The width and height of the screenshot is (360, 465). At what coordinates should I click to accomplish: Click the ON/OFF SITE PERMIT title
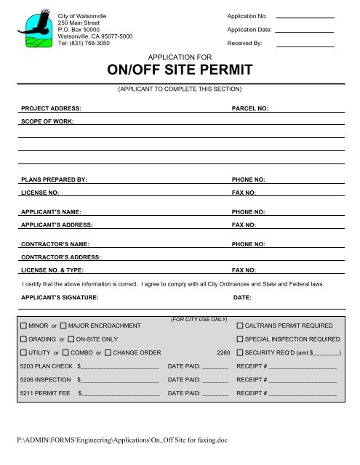(180, 70)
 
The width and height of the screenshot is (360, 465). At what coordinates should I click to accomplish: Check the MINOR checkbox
(24, 325)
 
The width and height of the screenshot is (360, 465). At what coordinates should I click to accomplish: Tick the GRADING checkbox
(24, 339)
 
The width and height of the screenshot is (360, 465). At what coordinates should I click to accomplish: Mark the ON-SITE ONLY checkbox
(71, 339)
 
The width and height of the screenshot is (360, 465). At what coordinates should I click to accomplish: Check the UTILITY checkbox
(24, 353)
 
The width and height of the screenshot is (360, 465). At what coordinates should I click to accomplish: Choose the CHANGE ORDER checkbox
(108, 353)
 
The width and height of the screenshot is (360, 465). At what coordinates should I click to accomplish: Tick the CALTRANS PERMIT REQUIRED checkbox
(240, 325)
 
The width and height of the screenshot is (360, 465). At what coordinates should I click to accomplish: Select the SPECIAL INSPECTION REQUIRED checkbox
(240, 339)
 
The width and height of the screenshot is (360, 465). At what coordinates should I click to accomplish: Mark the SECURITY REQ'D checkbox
(240, 353)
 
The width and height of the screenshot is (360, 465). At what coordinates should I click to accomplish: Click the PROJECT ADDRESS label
(50, 108)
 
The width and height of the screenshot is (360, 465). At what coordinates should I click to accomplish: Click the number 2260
(223, 353)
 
